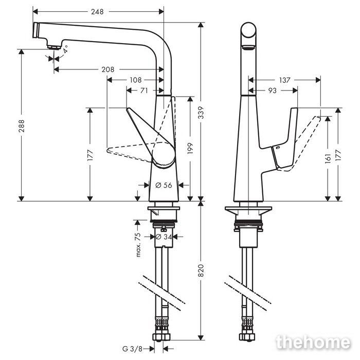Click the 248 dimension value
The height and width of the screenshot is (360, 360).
97,11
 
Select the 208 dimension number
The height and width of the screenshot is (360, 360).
108,69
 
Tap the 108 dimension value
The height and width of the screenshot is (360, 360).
136,80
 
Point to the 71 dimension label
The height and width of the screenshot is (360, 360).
144,91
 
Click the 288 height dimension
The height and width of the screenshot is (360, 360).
22,126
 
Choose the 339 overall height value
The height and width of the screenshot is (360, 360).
201,113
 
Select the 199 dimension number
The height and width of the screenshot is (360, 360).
190,148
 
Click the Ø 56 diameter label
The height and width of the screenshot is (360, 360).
164,185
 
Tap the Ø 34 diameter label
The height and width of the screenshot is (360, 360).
164,237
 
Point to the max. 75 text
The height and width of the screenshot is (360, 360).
138,245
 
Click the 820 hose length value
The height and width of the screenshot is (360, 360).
201,271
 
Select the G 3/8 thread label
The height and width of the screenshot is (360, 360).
133,349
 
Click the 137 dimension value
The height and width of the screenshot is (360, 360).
285,80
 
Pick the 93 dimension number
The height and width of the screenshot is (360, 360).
273,91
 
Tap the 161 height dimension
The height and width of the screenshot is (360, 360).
328,158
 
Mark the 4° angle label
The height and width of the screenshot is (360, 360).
65,49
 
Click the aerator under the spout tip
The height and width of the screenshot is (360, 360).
54,47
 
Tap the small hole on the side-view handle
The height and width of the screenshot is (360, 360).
277,148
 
